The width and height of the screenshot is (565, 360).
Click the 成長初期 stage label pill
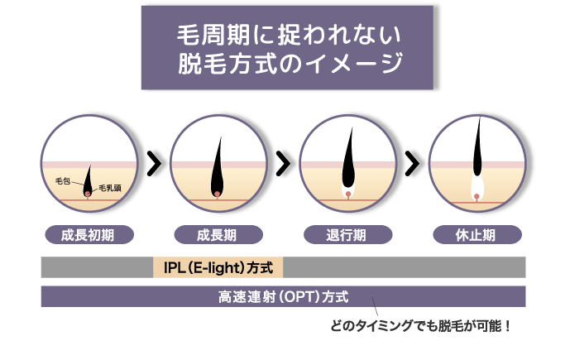[89, 235]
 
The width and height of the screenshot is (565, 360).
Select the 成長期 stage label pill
[218, 235]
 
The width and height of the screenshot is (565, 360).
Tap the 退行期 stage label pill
[347, 235]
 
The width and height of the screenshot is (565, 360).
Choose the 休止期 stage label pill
[477, 235]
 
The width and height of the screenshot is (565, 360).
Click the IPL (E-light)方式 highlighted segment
[218, 267]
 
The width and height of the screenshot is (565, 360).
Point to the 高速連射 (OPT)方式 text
[283, 297]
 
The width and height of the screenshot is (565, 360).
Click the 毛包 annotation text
[63, 181]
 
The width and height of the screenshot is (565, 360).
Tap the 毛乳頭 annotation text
[110, 188]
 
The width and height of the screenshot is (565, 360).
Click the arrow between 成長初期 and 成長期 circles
[155, 164]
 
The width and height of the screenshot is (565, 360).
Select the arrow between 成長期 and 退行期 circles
[284, 164]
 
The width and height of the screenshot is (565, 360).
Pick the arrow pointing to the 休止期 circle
[413, 164]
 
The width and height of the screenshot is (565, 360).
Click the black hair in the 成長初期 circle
[88, 182]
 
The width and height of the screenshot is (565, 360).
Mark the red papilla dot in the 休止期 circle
[476, 197]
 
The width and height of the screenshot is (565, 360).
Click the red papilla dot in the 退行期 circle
[348, 194]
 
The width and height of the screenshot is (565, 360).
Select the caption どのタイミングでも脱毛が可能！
[420, 326]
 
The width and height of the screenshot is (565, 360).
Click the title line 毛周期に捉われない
[289, 36]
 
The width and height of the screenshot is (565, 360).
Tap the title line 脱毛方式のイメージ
[290, 63]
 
